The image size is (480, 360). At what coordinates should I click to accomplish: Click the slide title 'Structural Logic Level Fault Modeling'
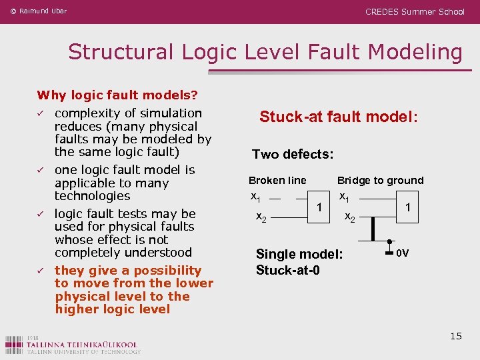tap(265, 52)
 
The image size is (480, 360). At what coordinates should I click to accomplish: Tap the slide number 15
tap(456, 336)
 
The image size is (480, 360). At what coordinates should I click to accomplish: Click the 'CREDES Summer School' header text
tap(415, 11)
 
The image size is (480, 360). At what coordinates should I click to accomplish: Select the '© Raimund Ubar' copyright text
tap(38, 11)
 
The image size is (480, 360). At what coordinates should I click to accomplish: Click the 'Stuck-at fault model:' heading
tap(339, 117)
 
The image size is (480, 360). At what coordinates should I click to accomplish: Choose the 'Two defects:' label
tap(293, 155)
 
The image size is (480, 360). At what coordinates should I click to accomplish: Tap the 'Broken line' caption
tap(277, 181)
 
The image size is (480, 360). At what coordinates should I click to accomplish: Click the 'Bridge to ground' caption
tap(380, 181)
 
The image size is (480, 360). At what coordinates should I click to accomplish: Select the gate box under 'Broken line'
tap(320, 207)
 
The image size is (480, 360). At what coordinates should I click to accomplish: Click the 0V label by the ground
tap(403, 253)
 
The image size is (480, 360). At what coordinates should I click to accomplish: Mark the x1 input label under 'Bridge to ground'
tap(345, 197)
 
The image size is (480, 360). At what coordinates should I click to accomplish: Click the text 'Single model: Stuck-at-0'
tap(299, 262)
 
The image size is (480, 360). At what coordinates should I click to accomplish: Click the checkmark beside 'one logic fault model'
tap(40, 171)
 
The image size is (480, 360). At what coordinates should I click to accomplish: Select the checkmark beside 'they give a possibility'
tap(40, 271)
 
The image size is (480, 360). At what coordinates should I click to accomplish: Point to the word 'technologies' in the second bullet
tap(92, 196)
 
